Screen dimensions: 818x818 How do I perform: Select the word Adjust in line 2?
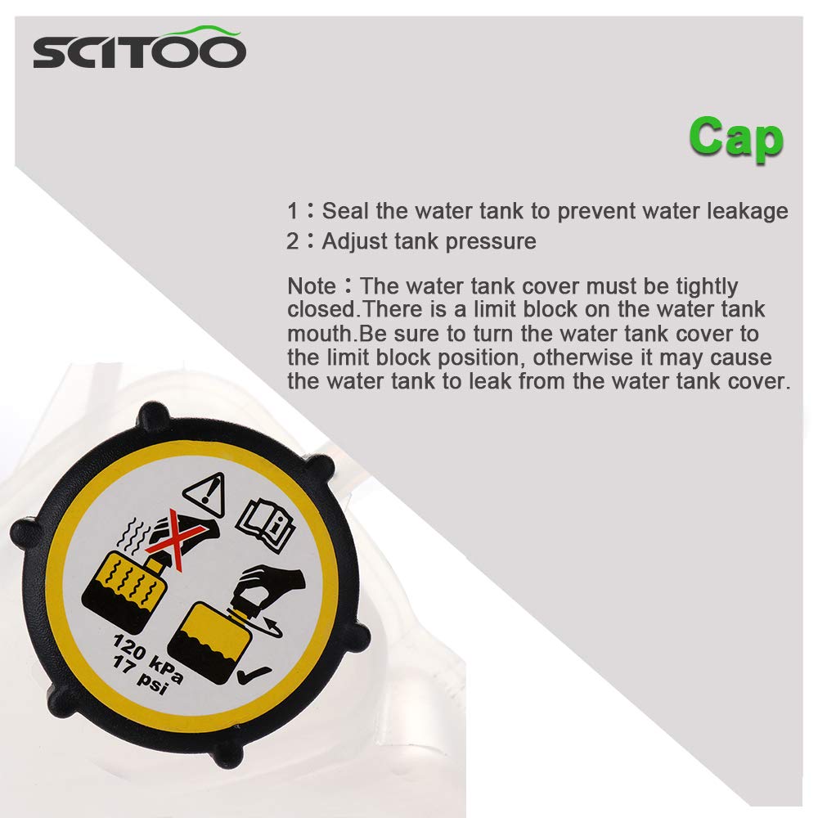(350, 241)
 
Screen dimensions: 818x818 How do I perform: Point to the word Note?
(312, 287)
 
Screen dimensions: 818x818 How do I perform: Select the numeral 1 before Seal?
(293, 211)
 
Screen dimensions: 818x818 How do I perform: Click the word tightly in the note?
(702, 287)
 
